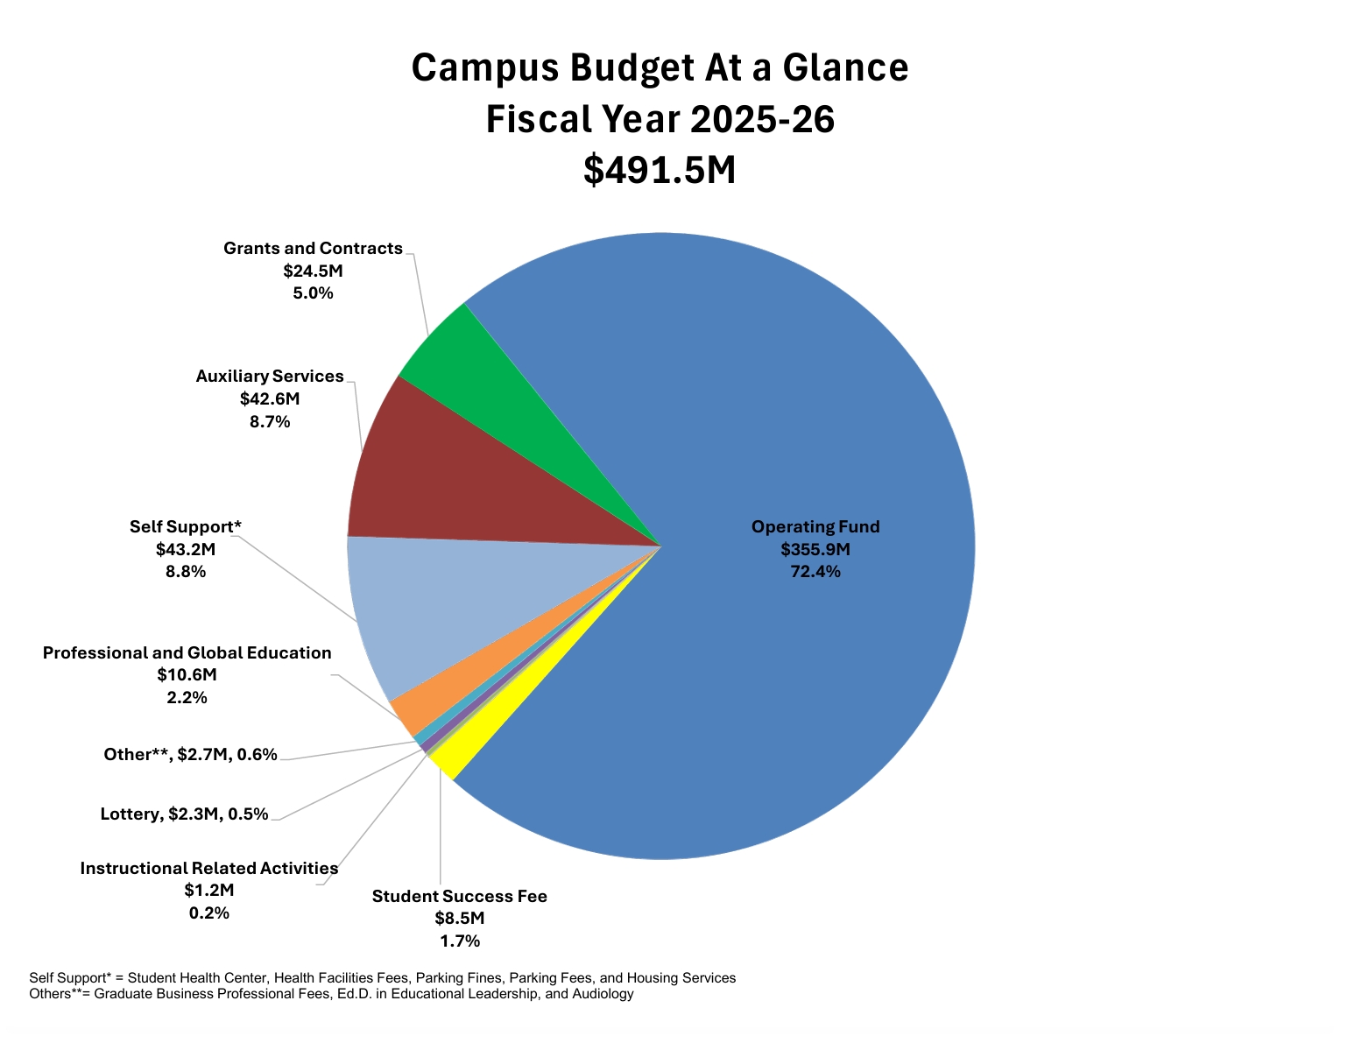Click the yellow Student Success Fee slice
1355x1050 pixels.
tap(455, 758)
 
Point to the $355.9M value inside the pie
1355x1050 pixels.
tap(815, 549)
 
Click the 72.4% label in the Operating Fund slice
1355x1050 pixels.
tap(815, 572)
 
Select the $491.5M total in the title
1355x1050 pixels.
tap(660, 170)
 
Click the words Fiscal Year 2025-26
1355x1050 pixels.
tap(660, 119)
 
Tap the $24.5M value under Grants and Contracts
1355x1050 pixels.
tap(313, 271)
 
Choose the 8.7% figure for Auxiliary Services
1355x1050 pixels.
tap(270, 421)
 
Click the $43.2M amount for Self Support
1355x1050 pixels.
tap(186, 549)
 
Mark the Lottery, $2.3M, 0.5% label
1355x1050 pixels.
tap(184, 814)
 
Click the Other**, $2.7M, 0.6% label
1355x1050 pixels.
tap(190, 754)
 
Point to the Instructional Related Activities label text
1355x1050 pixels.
tap(208, 868)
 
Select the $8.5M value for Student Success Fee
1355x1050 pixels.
tap(459, 919)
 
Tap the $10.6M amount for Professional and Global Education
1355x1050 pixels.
tap(187, 675)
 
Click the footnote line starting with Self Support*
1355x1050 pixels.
tap(382, 977)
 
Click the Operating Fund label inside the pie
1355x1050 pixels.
tap(815, 526)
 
